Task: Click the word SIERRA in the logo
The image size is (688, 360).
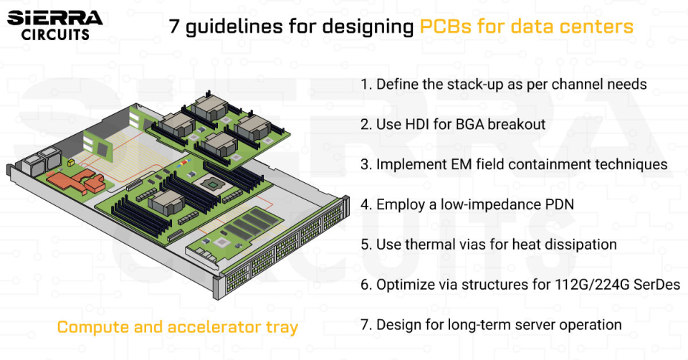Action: coord(54,16)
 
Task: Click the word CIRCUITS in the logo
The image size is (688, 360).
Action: coord(55,34)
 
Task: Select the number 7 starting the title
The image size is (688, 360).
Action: coord(174,27)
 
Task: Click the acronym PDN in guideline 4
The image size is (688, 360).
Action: coord(558,204)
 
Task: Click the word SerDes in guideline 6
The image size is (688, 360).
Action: coord(656,285)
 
